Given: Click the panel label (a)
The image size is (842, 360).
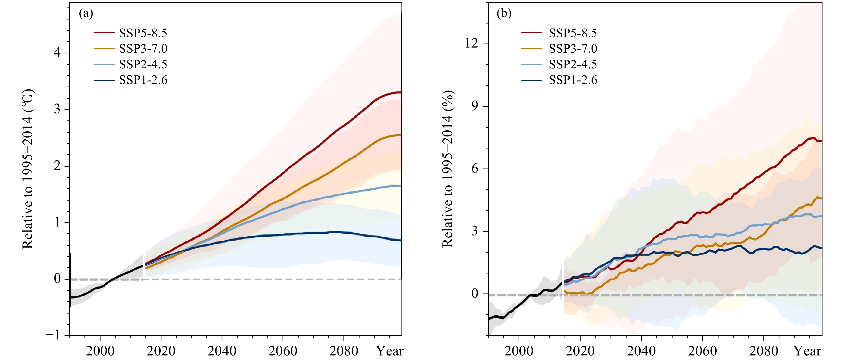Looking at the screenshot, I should click(x=86, y=13).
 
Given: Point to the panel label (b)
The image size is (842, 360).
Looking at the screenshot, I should click(x=504, y=13).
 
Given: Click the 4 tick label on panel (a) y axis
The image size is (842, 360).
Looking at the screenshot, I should click(x=57, y=53).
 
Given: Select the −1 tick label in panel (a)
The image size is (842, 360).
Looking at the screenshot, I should click(x=53, y=335).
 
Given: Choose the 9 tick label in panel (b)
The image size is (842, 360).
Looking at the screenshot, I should click(x=475, y=106).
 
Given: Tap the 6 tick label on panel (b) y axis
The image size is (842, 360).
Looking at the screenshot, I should click(x=475, y=169).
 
